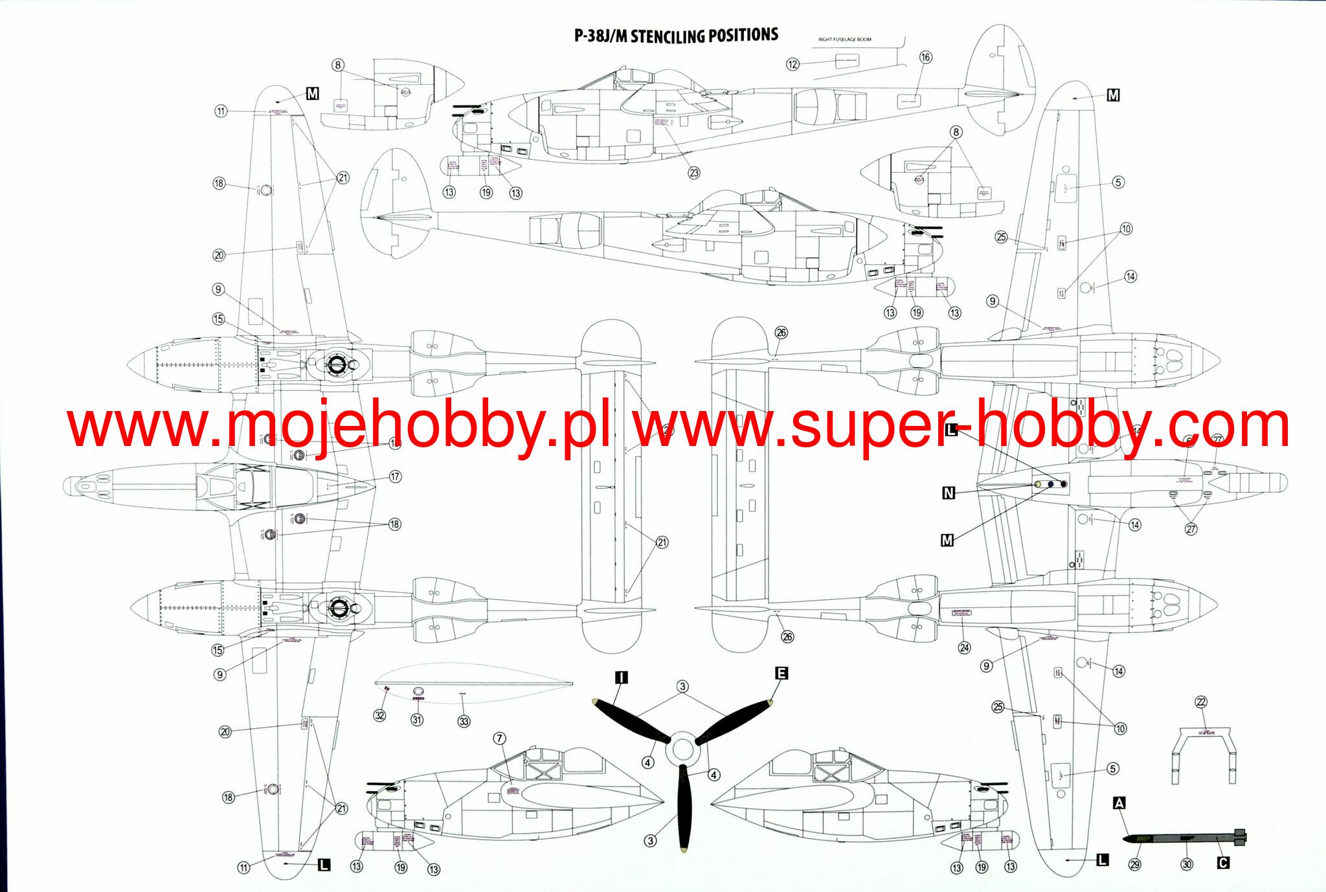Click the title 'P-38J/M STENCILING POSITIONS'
coord(676,36)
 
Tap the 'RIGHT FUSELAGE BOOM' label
coord(844,39)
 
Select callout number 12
coord(792,64)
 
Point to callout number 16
coord(926,57)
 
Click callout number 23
coord(694,173)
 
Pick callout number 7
coord(499,739)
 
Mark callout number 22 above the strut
coord(1201,702)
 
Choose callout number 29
coord(1135,865)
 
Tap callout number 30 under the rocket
coord(1187,865)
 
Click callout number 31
coord(417,720)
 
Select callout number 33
coord(464,721)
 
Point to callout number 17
coord(395,476)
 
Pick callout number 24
coord(964,648)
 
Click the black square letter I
coord(621,678)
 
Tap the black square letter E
coord(781,673)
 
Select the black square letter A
coord(1119,803)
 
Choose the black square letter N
coord(949,493)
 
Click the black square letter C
coord(1223,863)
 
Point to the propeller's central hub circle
coord(681,750)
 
